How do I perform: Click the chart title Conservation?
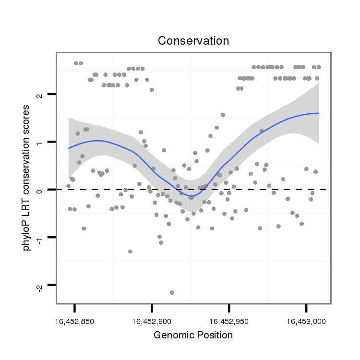pyautogui.click(x=193, y=41)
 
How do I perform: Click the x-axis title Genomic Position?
pyautogui.click(x=193, y=335)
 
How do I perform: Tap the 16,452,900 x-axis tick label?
pyautogui.click(x=152, y=321)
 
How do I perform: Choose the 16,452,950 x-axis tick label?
pyautogui.click(x=229, y=321)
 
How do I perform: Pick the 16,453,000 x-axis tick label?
pyautogui.click(x=306, y=321)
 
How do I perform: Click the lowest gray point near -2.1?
pyautogui.click(x=172, y=292)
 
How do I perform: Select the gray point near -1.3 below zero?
pyautogui.click(x=130, y=252)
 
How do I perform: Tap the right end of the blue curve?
pyautogui.click(x=318, y=113)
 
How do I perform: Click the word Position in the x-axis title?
pyautogui.click(x=215, y=335)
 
